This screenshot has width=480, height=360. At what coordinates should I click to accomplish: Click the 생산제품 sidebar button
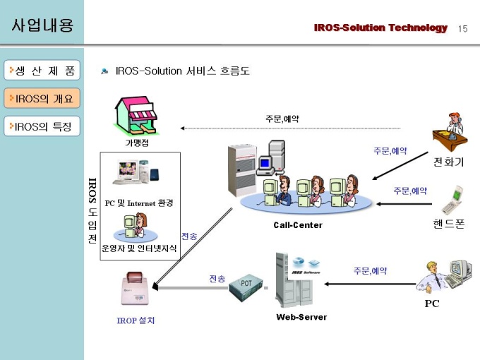[x=42, y=70]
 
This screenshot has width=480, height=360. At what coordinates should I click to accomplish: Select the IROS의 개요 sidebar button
[x=42, y=98]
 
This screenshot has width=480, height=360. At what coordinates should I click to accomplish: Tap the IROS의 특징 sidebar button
[x=42, y=126]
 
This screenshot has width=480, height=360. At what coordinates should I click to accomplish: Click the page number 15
[x=463, y=29]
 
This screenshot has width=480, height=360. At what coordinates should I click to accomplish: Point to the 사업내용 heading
[x=42, y=25]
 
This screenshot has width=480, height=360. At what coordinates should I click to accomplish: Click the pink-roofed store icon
[x=136, y=115]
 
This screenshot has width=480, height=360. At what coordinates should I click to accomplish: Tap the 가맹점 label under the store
[x=137, y=143]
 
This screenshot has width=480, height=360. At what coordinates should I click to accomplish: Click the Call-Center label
[x=298, y=225]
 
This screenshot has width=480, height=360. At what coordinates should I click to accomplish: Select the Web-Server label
[x=301, y=317]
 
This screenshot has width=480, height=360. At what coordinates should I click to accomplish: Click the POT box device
[x=246, y=287]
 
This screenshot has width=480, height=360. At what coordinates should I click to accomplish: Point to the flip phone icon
[x=452, y=200]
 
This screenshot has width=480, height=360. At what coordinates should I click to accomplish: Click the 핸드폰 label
[x=449, y=224]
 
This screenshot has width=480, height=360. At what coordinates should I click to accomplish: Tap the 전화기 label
[x=449, y=162]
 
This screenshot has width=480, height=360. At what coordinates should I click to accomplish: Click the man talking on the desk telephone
[x=450, y=131]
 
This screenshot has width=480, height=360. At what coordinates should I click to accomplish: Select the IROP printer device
[x=136, y=289]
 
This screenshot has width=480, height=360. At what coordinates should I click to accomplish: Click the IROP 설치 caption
[x=136, y=320]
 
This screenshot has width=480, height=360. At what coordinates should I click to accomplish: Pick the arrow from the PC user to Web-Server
[x=370, y=284]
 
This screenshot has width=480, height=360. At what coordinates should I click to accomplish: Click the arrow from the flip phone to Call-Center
[x=404, y=204]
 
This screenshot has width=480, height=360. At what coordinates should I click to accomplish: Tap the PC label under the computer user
[x=431, y=304]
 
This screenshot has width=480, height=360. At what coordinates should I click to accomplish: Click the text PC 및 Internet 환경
[x=139, y=203]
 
